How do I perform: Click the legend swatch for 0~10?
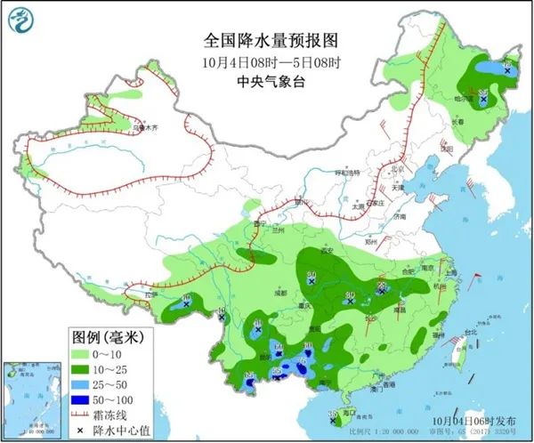point(85,353)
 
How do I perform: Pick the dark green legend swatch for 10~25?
point(85,369)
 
